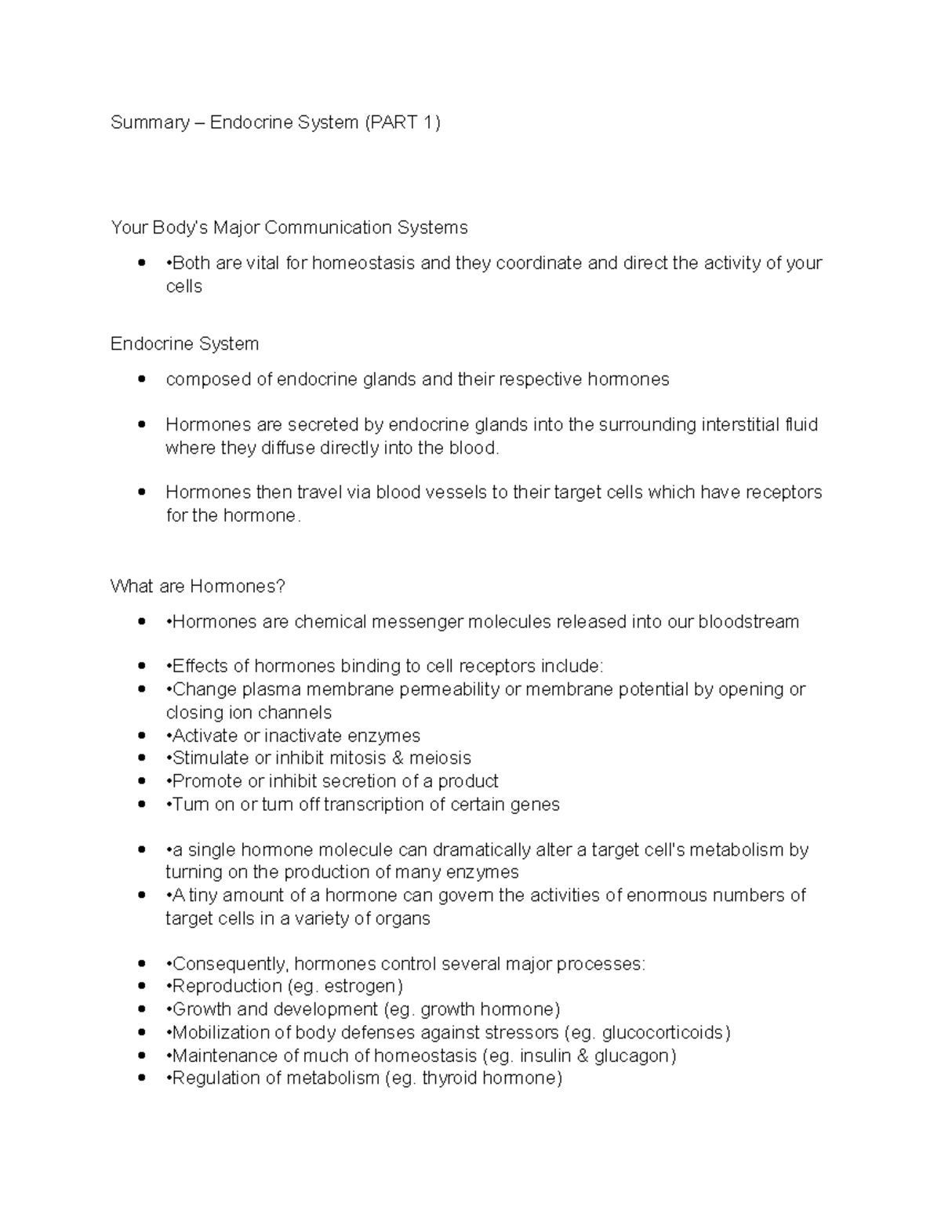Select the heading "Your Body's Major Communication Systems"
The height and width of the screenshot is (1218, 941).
coord(289,227)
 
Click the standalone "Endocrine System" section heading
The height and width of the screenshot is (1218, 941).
coord(184,344)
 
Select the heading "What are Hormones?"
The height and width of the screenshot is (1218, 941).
coord(198,587)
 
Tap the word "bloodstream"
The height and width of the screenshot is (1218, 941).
coord(748,622)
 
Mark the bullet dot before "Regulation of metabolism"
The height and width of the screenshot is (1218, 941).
coord(141,1078)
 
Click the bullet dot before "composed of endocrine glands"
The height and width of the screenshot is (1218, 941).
coord(141,380)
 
